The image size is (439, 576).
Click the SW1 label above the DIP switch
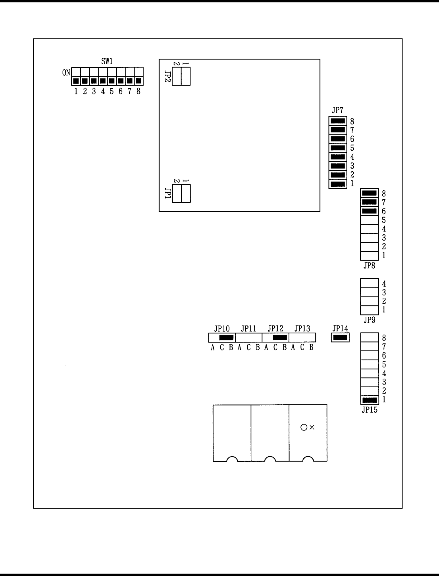pos(107,61)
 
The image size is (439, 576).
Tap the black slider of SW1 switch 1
pos(76,81)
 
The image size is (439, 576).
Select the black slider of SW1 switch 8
pos(139,81)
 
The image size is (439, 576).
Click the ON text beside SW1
pos(66,73)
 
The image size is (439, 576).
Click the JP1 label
pos(168,193)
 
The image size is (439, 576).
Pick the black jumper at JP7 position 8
pos(337,121)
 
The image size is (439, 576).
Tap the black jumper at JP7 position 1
pos(337,184)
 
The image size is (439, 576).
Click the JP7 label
pos(337,111)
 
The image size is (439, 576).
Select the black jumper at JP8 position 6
pos(369,211)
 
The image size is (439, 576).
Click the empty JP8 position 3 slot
pos(369,238)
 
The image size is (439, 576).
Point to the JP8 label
pos(369,266)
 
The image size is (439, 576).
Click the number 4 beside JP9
pos(384,284)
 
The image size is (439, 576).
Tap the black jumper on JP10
pos(226,338)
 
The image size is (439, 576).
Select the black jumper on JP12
pos(280,338)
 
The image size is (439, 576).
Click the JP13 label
pos(302,329)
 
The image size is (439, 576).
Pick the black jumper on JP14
pos(340,338)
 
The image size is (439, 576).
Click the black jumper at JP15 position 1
pos(370,400)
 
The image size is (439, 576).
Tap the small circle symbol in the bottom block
pos(304,427)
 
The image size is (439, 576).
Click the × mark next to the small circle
pos(312,427)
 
